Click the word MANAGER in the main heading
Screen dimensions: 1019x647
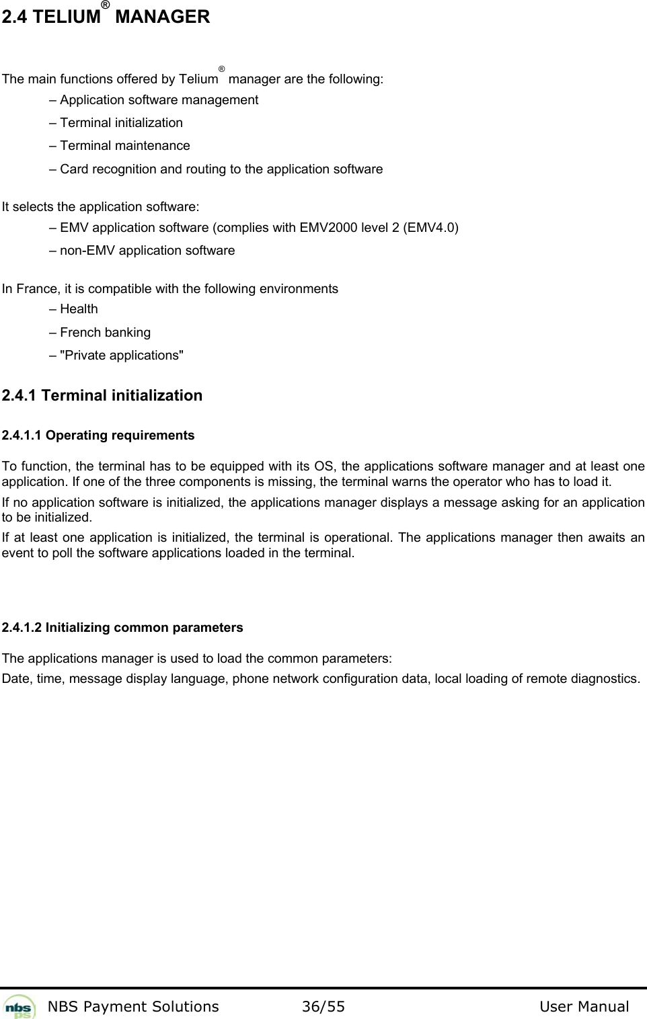click(x=162, y=17)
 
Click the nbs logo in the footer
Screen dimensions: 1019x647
click(x=20, y=1007)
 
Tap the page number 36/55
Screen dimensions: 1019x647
click(x=323, y=1006)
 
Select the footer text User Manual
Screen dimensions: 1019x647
click(x=584, y=1006)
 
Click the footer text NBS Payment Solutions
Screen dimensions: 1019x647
click(x=133, y=1006)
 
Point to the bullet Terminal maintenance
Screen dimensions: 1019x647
click(x=124, y=146)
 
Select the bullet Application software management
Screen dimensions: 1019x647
click(x=159, y=100)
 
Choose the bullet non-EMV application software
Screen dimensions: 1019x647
click(x=147, y=251)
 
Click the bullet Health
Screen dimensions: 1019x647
click(x=79, y=309)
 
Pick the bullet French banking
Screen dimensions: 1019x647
click(x=105, y=333)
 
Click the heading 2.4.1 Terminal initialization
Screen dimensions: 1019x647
click(x=102, y=395)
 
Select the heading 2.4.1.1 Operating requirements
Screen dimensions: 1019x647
click(x=98, y=436)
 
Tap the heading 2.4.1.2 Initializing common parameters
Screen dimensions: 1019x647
click(x=122, y=628)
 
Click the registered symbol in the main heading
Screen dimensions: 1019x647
click(x=106, y=6)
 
